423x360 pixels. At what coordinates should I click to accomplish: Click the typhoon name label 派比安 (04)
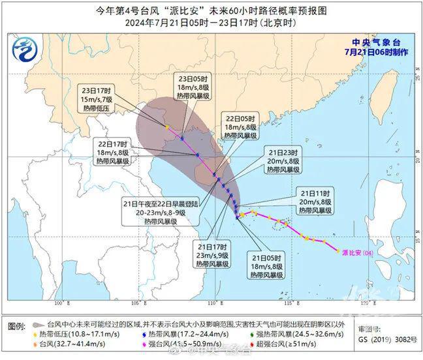pos(357,252)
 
